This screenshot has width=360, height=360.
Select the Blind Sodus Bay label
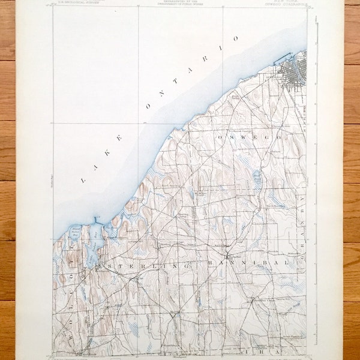pos(74,229)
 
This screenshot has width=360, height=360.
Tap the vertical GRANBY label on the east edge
pos(302,222)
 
